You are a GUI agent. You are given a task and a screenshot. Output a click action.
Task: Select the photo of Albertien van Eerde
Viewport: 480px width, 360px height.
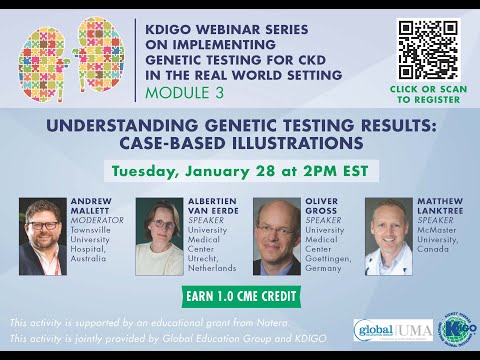[x=158, y=236]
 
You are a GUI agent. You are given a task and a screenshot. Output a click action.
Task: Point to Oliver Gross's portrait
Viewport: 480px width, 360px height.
[x=276, y=236]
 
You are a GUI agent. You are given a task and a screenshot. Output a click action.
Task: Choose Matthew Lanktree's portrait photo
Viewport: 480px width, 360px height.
[x=387, y=236]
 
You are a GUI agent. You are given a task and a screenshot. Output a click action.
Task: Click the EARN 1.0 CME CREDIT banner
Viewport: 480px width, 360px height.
[x=240, y=296]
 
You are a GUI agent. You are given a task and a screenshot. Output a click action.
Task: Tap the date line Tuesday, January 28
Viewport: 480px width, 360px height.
[x=240, y=170]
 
